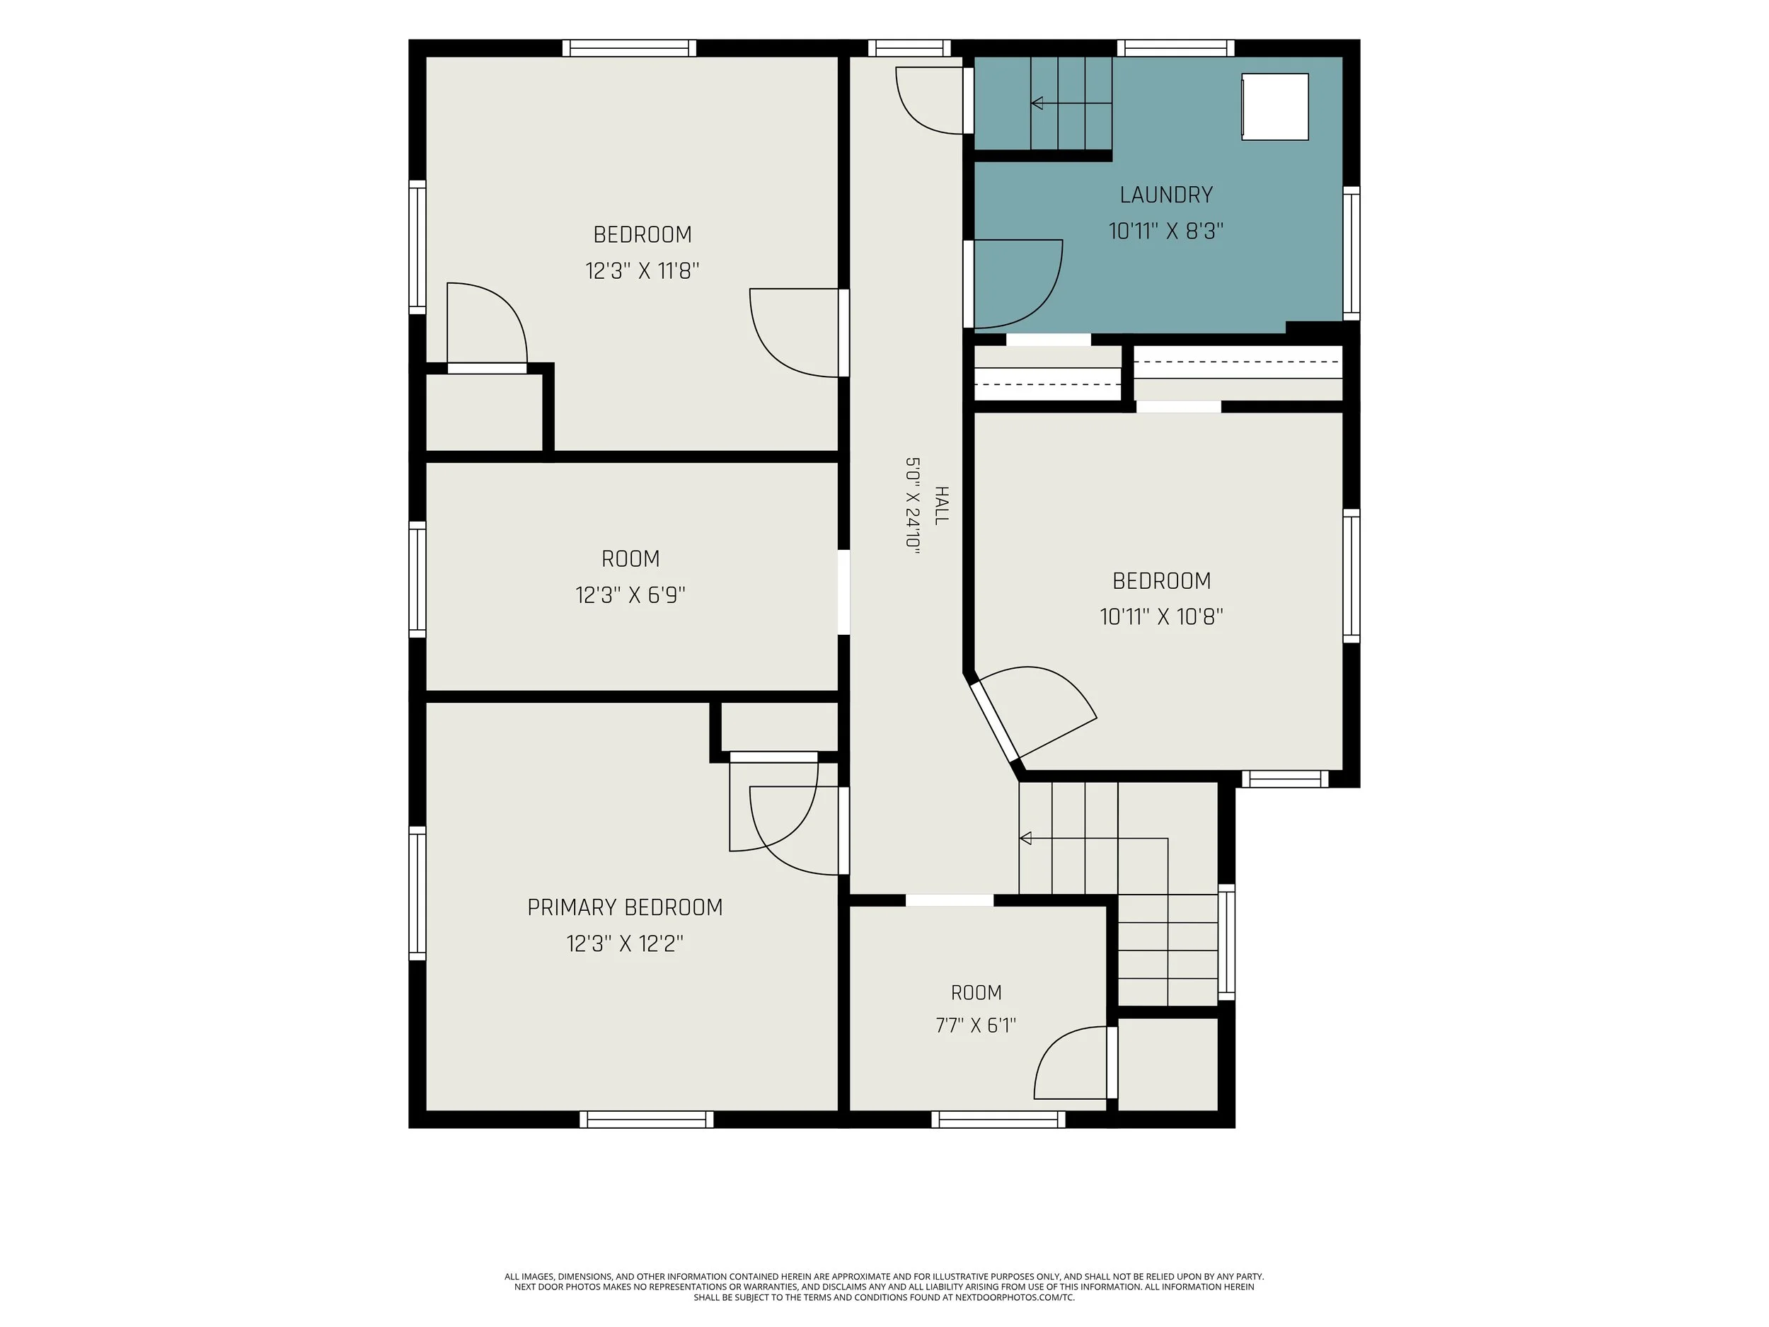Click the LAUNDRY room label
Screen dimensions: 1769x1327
(x=1166, y=195)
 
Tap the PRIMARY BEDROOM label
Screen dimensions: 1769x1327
(x=625, y=907)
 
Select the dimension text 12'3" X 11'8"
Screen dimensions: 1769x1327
(x=643, y=270)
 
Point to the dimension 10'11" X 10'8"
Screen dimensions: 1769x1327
(x=1161, y=616)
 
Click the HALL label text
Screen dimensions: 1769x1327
(x=941, y=505)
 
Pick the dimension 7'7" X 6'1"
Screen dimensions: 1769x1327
(x=976, y=1026)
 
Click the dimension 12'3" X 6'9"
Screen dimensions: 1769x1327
(x=630, y=595)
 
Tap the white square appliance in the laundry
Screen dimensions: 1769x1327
(x=1275, y=106)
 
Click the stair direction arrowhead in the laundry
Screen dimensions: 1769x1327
(x=1037, y=103)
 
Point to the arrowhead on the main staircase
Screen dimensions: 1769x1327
(x=1025, y=838)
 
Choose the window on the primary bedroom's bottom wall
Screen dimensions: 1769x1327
(x=646, y=1119)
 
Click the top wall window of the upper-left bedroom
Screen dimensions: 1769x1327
(x=628, y=48)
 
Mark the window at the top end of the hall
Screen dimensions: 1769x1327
(x=909, y=48)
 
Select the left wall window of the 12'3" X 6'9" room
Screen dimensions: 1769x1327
(x=417, y=579)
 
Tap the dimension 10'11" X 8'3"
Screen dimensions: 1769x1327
(x=1166, y=231)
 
